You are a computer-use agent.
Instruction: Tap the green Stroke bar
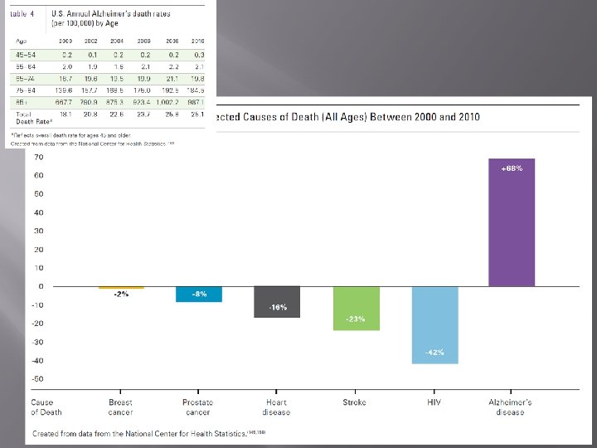point(357,308)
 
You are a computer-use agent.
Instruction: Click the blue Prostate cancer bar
point(199,294)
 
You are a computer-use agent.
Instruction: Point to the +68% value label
point(512,167)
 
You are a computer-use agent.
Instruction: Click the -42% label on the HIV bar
point(434,353)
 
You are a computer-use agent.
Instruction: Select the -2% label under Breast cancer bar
point(121,295)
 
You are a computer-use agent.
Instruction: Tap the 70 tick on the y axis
point(39,157)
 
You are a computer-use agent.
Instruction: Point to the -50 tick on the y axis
point(38,378)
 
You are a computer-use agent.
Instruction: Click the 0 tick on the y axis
point(41,286)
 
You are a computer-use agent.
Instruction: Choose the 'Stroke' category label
point(354,402)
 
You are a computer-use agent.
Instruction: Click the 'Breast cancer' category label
point(121,407)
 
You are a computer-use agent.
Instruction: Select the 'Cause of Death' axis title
point(46,407)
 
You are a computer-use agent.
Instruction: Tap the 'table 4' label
point(22,13)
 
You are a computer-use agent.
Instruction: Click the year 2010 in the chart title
point(464,117)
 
